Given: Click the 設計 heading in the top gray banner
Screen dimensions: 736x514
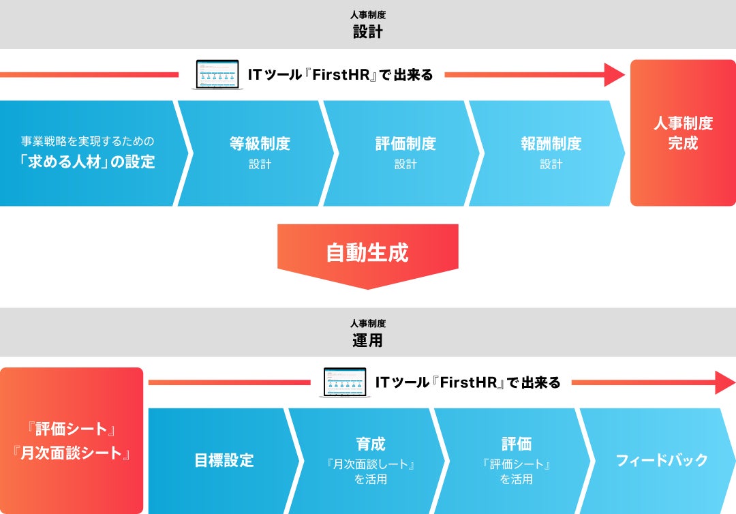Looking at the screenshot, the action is click(x=367, y=31).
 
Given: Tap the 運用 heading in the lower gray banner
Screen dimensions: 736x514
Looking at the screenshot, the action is click(x=367, y=340).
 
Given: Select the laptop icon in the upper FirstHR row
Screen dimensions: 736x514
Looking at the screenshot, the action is click(x=219, y=74).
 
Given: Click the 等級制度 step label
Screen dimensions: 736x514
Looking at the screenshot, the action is click(x=260, y=144).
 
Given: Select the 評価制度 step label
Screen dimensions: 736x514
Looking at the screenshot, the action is click(x=405, y=144).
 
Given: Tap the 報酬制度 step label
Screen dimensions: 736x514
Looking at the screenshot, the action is click(x=551, y=144).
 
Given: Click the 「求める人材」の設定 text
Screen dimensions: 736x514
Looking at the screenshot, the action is click(x=87, y=162).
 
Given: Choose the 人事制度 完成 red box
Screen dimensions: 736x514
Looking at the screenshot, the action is click(x=683, y=133).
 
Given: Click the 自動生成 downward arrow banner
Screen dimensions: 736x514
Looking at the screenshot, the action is click(x=367, y=253).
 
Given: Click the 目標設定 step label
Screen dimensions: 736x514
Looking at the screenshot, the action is click(x=224, y=460).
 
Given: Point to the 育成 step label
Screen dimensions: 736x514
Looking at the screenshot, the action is click(x=370, y=444).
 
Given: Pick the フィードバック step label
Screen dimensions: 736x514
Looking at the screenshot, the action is click(x=662, y=460).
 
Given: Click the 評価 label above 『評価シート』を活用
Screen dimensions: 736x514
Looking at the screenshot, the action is click(x=516, y=444).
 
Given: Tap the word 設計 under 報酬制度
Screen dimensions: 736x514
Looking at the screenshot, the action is click(x=551, y=164).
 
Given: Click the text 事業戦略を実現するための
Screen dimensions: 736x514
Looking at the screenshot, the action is click(x=88, y=142).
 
